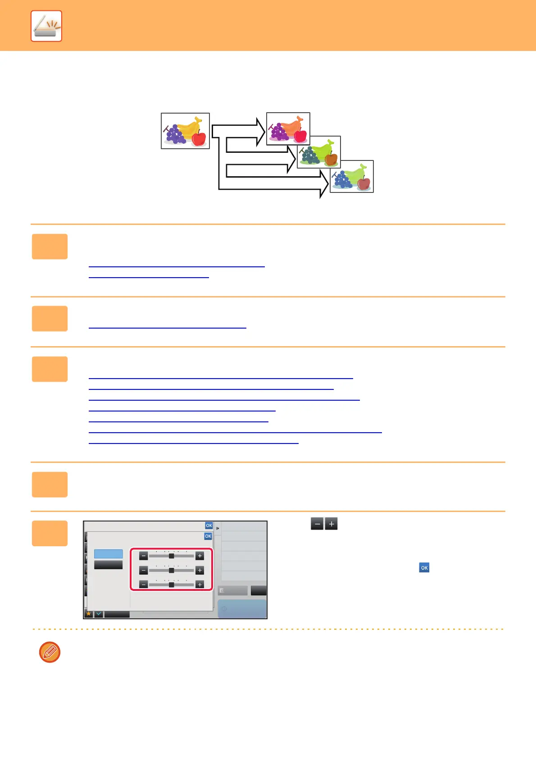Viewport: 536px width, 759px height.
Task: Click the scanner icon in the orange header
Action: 46,26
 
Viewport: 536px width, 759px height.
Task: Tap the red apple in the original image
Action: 199,139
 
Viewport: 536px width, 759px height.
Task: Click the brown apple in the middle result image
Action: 331,159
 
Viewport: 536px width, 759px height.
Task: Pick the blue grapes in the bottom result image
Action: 343,180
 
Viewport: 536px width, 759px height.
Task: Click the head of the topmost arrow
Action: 260,131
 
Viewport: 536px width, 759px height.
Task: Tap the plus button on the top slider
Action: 200,556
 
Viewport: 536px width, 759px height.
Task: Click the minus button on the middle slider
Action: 143,571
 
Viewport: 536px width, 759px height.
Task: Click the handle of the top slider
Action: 171,556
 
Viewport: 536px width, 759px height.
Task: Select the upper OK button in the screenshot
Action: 209,526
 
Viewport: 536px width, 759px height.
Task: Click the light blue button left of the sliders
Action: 108,554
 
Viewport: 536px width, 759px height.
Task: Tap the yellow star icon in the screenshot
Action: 89,614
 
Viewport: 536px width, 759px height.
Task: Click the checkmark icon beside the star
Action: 99,614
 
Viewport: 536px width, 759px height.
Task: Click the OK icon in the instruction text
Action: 424,568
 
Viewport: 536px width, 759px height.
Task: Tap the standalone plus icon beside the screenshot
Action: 331,524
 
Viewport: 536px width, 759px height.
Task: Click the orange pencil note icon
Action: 50,652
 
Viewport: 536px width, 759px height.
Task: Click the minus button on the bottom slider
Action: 143,585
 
